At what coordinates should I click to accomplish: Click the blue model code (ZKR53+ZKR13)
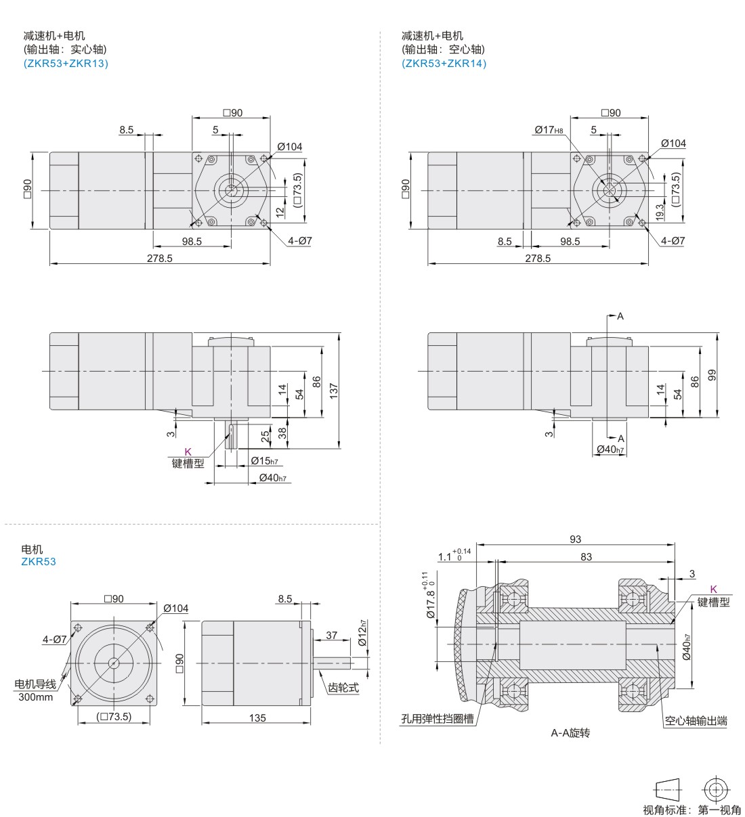66,64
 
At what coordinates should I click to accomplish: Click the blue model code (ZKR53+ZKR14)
444,64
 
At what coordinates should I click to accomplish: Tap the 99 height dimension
712,375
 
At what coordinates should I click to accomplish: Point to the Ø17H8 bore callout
548,130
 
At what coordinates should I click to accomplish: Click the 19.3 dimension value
660,213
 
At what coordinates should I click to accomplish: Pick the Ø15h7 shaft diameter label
264,461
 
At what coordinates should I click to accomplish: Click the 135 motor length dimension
257,718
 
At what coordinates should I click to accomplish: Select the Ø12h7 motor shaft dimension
363,632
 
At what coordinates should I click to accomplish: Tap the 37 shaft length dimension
331,636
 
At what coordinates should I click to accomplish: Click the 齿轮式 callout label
343,688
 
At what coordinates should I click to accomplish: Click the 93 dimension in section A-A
575,539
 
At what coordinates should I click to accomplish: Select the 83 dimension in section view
586,557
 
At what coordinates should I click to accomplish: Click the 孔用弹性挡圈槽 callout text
437,720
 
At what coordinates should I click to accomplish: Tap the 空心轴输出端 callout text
696,721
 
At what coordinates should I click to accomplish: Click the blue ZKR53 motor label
39,562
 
